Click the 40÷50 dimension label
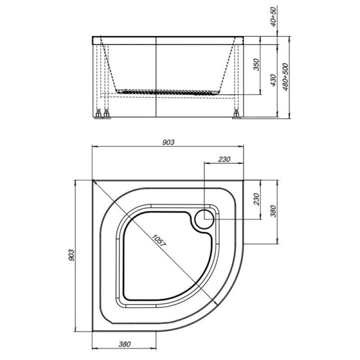coord(274,17)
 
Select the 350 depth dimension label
coord(256,64)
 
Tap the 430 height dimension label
coord(273,80)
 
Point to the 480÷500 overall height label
coord(286,76)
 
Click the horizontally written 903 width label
coord(168,142)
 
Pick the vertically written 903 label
coord(72,255)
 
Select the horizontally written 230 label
coord(224,159)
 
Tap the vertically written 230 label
coord(256,199)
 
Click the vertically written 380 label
coord(273,211)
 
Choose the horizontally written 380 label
coord(125,344)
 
